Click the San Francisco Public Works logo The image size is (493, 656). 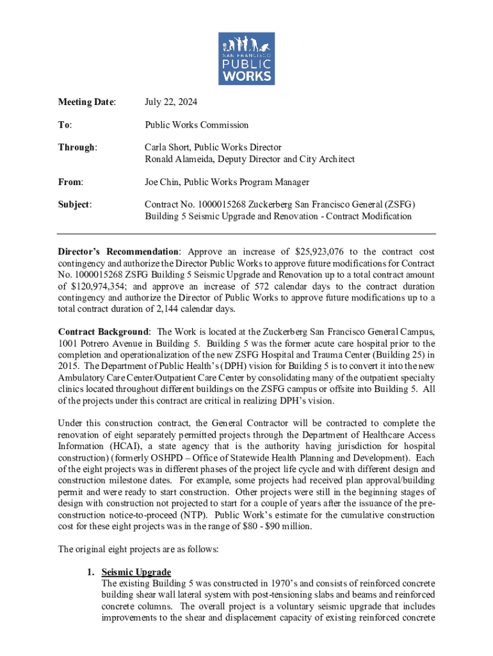[247, 59]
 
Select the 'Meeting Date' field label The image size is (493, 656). [87, 102]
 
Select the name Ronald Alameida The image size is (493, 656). [182, 159]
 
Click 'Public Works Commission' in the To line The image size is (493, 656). [197, 125]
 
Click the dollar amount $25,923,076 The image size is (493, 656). [328, 252]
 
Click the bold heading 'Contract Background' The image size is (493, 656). [104, 332]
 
